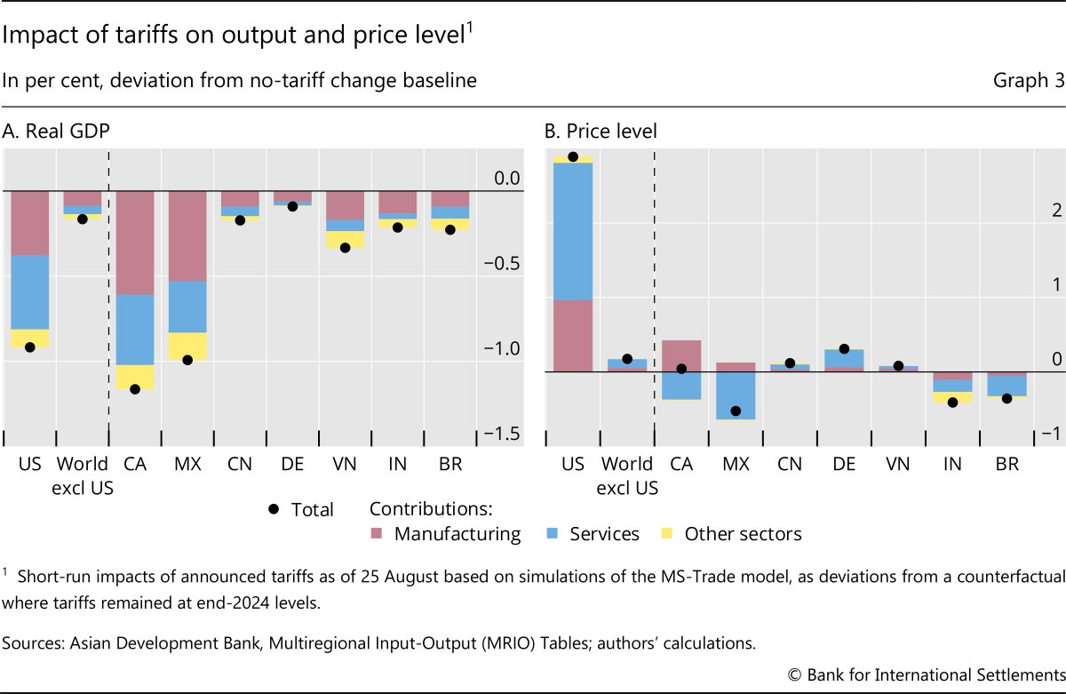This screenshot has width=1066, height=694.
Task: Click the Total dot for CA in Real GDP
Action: [135, 389]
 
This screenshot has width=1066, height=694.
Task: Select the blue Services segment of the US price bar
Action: [573, 231]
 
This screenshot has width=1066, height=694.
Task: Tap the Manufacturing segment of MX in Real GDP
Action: [187, 235]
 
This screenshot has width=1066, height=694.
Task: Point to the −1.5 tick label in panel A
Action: [501, 433]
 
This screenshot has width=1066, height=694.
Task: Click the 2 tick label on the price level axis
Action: [1031, 211]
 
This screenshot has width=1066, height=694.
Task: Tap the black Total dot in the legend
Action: [274, 508]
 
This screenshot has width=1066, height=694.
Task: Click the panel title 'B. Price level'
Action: [601, 132]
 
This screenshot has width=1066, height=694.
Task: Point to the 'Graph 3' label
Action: [1029, 81]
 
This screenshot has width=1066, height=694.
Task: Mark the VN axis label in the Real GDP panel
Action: [345, 464]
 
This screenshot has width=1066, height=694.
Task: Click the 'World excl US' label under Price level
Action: [627, 475]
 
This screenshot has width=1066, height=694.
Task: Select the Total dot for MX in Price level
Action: [736, 411]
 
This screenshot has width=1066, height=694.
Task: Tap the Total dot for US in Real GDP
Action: [30, 347]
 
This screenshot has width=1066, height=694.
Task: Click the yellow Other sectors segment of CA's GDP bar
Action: [135, 377]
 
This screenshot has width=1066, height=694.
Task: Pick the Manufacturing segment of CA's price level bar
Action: [681, 355]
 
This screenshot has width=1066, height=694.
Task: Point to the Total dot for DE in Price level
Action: [844, 349]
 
